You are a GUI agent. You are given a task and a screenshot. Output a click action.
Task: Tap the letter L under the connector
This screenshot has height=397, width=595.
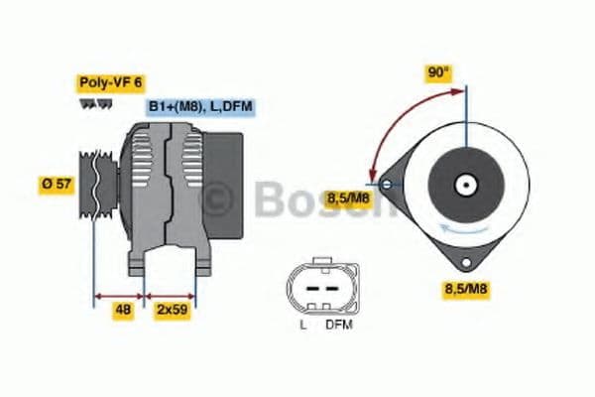click(303, 325)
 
